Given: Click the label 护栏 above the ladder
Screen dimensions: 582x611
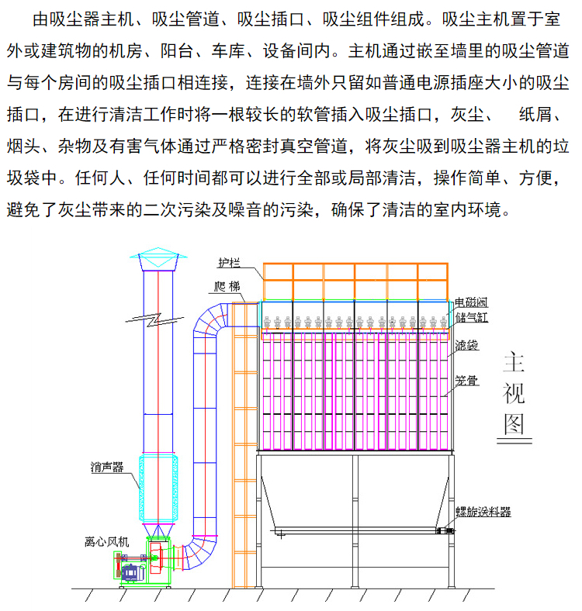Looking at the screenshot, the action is tap(229, 261).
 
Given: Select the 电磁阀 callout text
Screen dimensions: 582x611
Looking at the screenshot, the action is tap(471, 302).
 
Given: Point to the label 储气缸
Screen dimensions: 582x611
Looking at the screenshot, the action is tap(471, 316).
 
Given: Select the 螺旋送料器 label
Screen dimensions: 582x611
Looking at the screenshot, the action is tap(483, 512).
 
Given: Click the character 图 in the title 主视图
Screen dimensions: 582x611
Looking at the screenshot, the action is tap(513, 423).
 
